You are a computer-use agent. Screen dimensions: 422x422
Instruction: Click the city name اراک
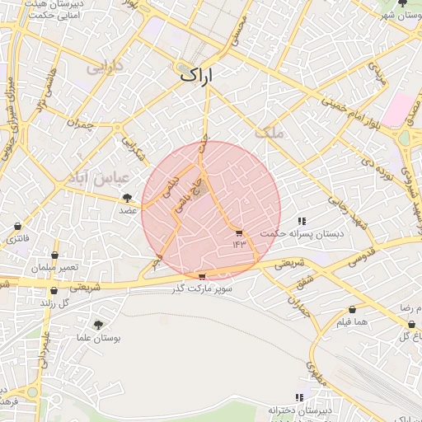[x=195, y=75]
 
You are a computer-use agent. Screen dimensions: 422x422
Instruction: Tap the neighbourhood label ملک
[x=268, y=132]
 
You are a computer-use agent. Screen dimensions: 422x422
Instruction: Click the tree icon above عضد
[x=128, y=198]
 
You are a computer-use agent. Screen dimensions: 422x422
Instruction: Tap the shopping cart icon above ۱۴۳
[x=239, y=232]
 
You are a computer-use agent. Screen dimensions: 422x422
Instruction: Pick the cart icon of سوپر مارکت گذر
[x=202, y=277]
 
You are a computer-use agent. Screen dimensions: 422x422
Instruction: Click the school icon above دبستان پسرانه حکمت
[x=302, y=221]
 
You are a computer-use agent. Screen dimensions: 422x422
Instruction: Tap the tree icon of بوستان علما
[x=98, y=326]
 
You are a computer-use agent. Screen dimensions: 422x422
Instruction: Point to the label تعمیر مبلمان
[x=55, y=269]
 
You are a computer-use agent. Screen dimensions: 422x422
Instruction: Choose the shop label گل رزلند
[x=58, y=303]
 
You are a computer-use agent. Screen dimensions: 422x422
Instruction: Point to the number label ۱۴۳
[x=239, y=244]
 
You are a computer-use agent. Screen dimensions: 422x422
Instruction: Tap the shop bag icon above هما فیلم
[x=352, y=310]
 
